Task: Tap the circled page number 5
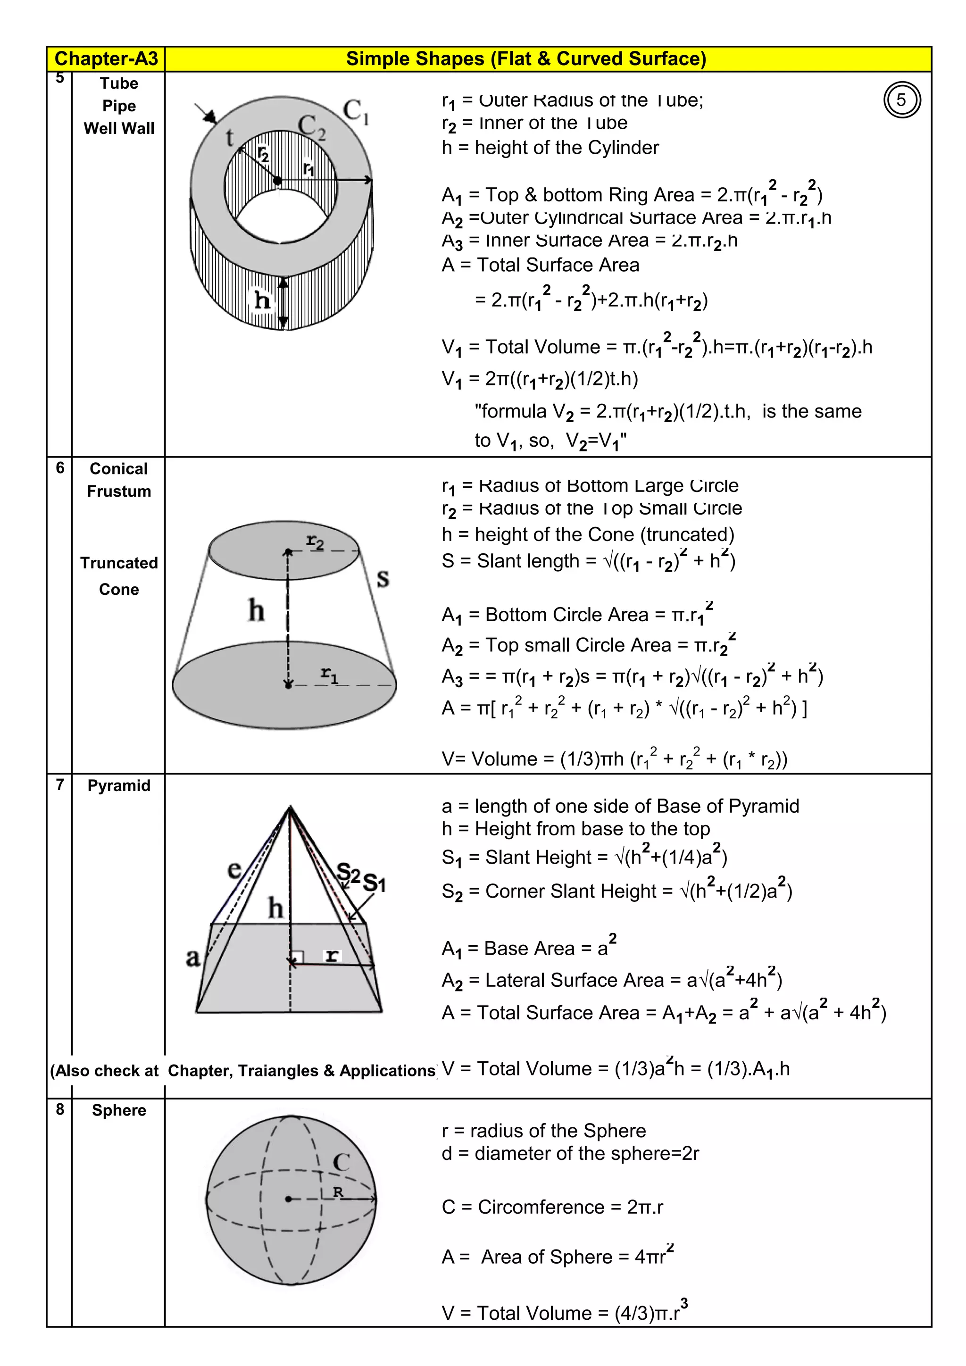(x=902, y=100)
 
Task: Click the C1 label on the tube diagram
(x=356, y=111)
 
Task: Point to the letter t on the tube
(x=230, y=138)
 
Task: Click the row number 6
(x=60, y=467)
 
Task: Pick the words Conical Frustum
(x=119, y=480)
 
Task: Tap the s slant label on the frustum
(x=383, y=577)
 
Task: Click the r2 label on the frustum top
(x=315, y=542)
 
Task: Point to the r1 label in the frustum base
(x=329, y=674)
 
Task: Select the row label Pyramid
(x=119, y=785)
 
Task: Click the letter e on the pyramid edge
(x=234, y=869)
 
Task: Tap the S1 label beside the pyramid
(x=374, y=882)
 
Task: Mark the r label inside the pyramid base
(x=332, y=956)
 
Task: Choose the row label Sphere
(x=119, y=1110)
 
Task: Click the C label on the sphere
(x=341, y=1162)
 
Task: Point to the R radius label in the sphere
(x=338, y=1191)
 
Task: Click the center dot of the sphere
(x=289, y=1199)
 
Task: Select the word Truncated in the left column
(x=119, y=563)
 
